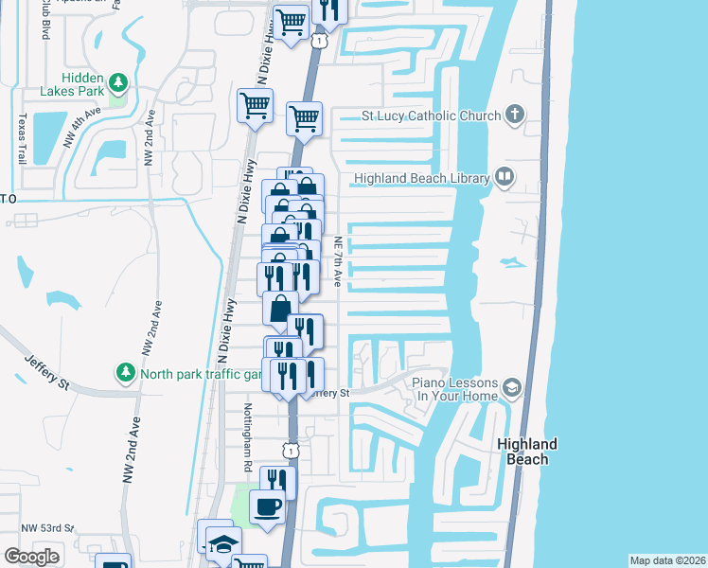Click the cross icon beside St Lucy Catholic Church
pos(514,115)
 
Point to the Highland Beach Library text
pos(421,178)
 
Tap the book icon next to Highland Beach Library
pos(504,177)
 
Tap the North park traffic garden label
pos(201,373)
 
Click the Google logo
pos(32,557)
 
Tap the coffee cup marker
pos(267,506)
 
